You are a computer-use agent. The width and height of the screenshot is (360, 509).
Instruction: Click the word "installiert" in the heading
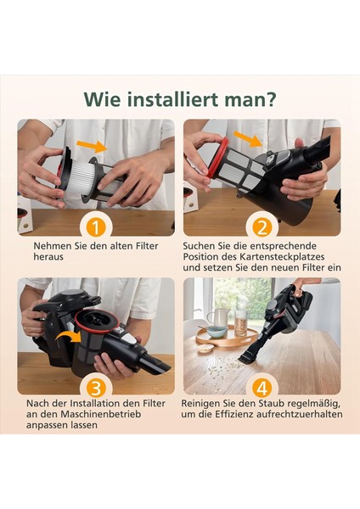click(163, 99)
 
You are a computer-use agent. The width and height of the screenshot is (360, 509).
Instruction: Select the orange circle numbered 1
click(96, 227)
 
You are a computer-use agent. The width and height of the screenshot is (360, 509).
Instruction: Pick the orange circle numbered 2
click(262, 227)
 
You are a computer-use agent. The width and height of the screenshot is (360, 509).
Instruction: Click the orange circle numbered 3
click(96, 388)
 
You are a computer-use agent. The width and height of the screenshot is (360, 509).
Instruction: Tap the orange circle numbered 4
click(262, 388)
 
